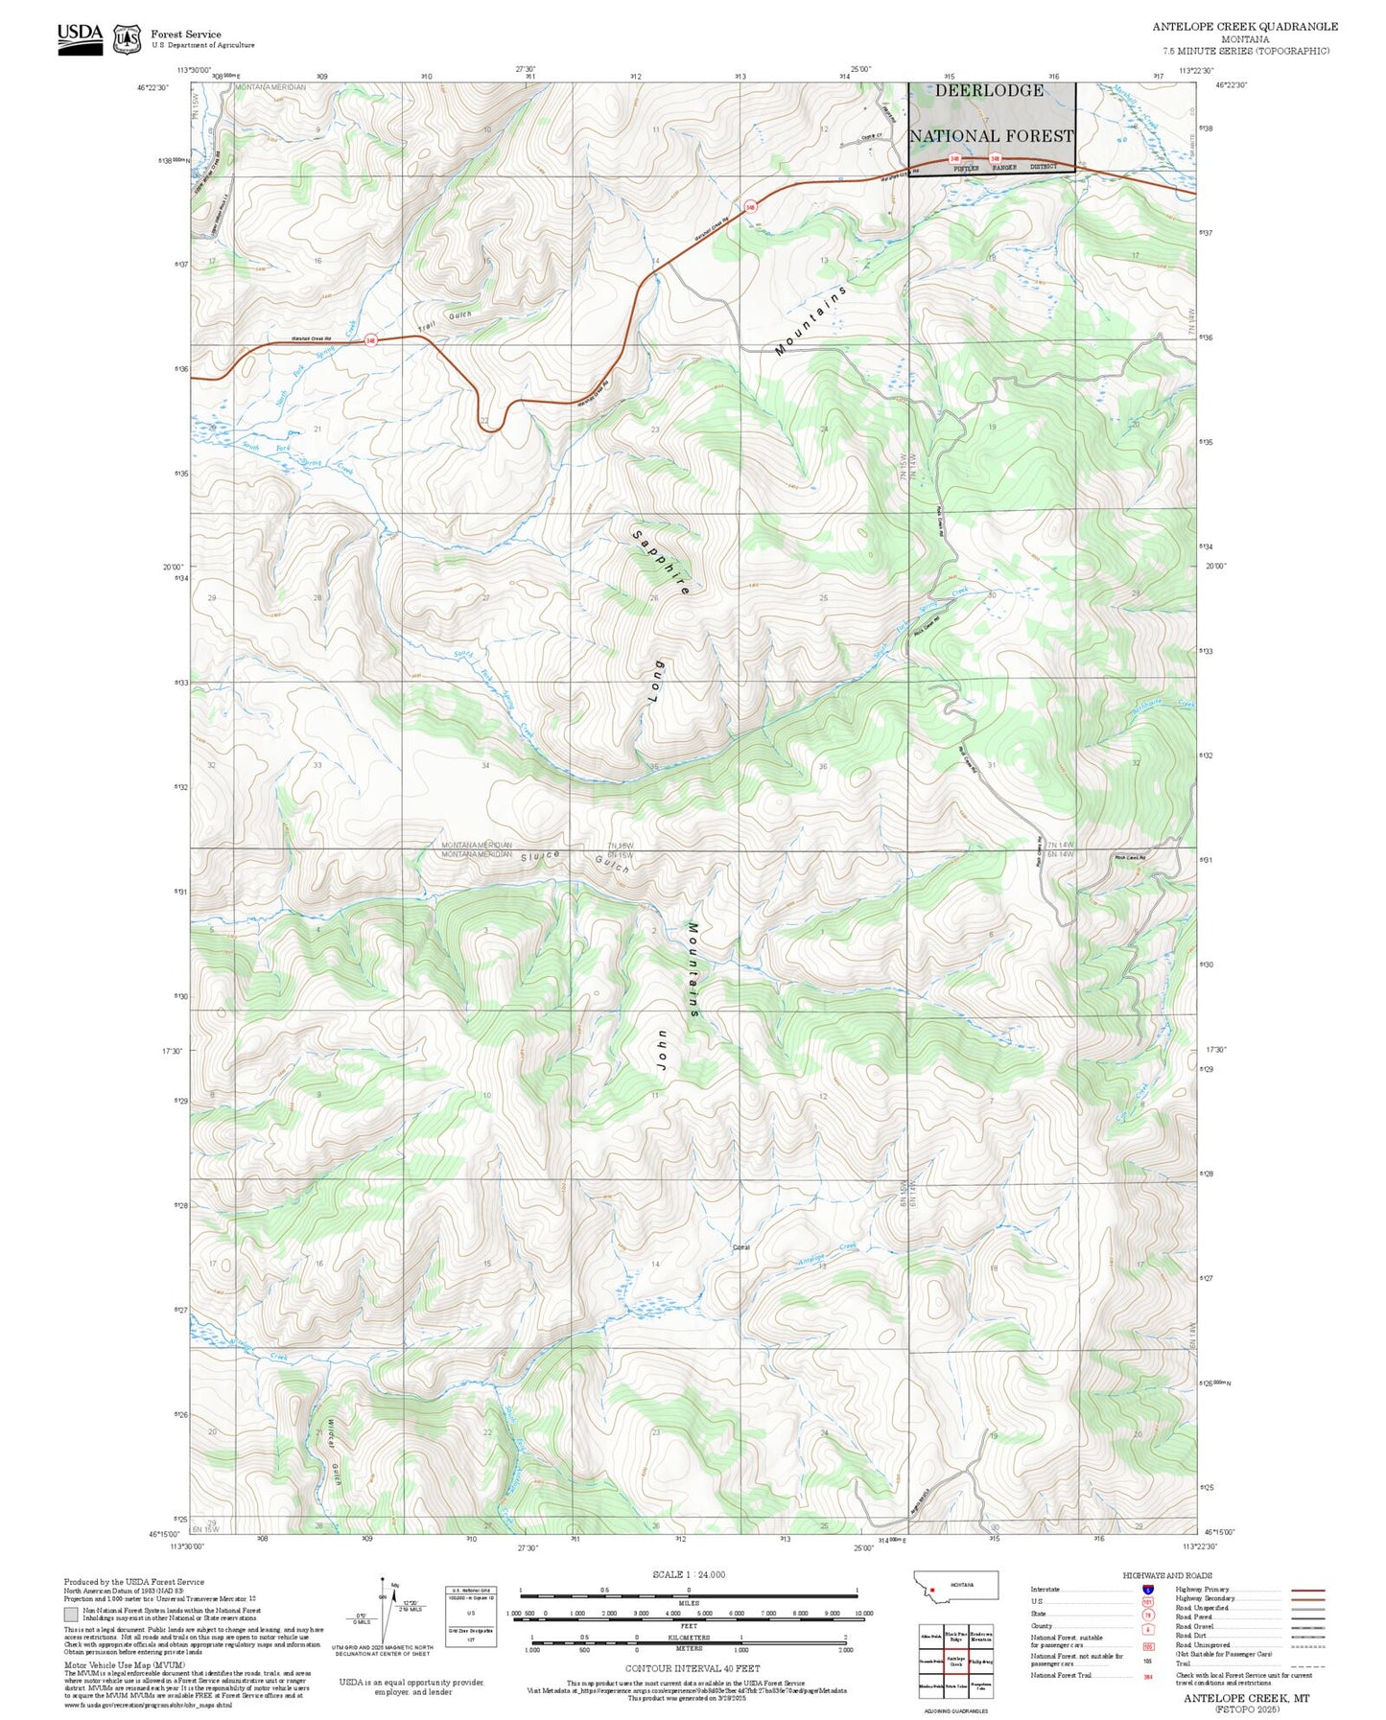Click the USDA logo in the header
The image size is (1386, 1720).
[80, 35]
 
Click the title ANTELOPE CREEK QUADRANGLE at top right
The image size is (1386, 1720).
[1244, 26]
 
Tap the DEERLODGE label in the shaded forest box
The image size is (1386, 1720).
[989, 91]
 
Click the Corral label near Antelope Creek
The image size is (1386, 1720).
[740, 1247]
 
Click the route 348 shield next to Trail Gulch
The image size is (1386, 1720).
[370, 339]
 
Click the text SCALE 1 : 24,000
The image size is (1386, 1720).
[688, 1574]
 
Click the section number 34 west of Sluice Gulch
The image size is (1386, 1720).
[485, 765]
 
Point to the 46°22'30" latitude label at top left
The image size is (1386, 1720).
[153, 87]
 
